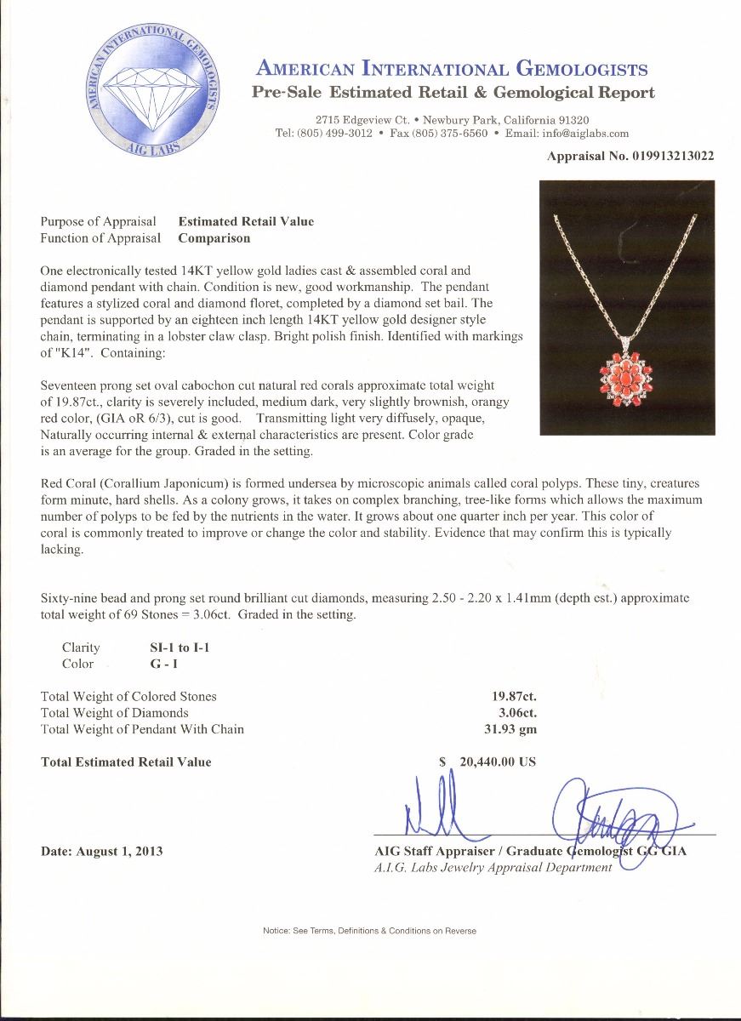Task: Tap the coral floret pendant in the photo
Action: coord(627,372)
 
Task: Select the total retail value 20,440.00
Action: coord(498,761)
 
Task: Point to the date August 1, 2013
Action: coord(102,851)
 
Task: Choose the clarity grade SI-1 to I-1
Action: coord(180,647)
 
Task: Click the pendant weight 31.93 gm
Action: coord(510,728)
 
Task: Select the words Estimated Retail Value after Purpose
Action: coord(246,221)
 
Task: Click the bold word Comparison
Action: coord(214,238)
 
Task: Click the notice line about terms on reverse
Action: coord(370,931)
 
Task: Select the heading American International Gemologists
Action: coord(452,70)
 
